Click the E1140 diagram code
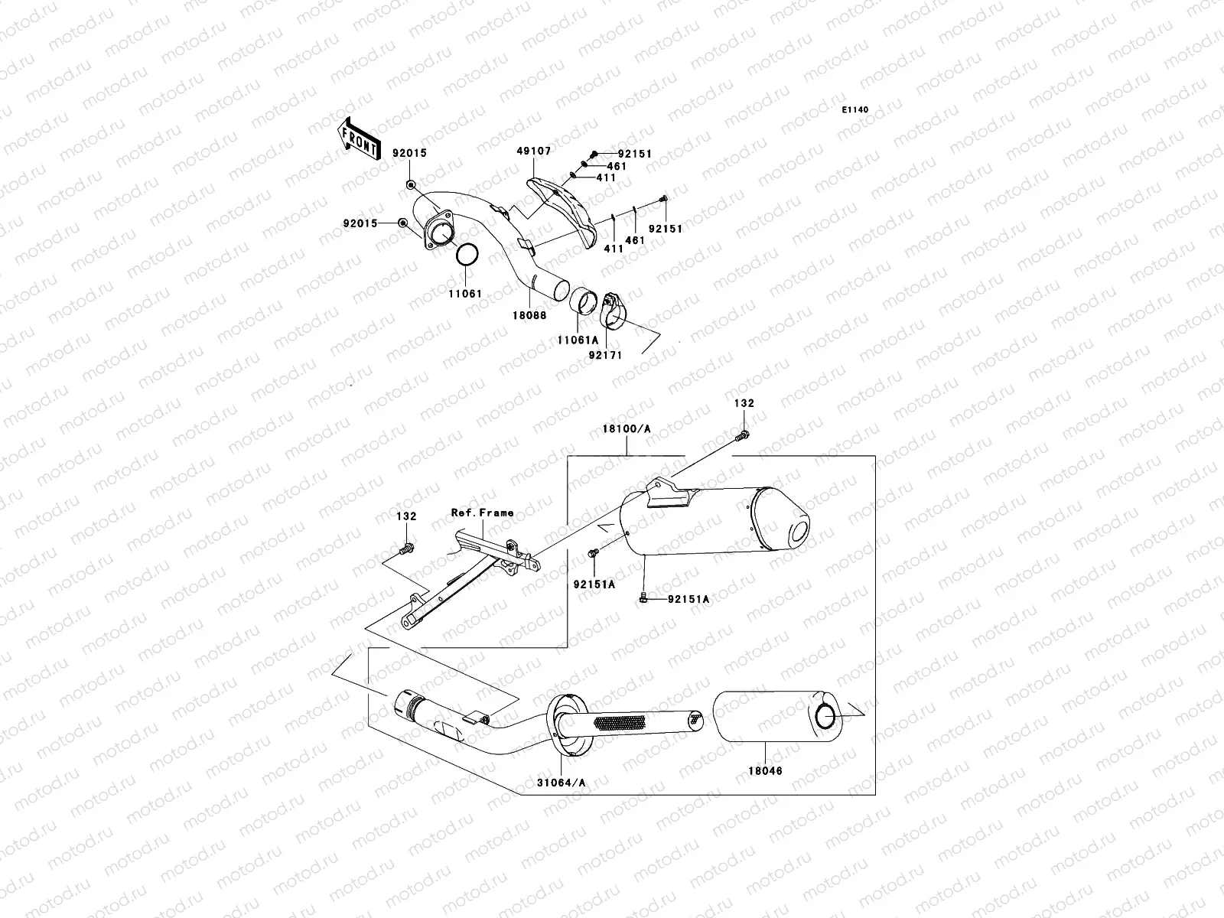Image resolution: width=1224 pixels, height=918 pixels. tap(855, 110)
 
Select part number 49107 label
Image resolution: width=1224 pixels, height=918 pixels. tap(533, 151)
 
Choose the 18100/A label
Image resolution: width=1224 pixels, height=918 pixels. tap(626, 430)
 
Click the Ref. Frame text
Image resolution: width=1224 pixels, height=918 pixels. tap(482, 513)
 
